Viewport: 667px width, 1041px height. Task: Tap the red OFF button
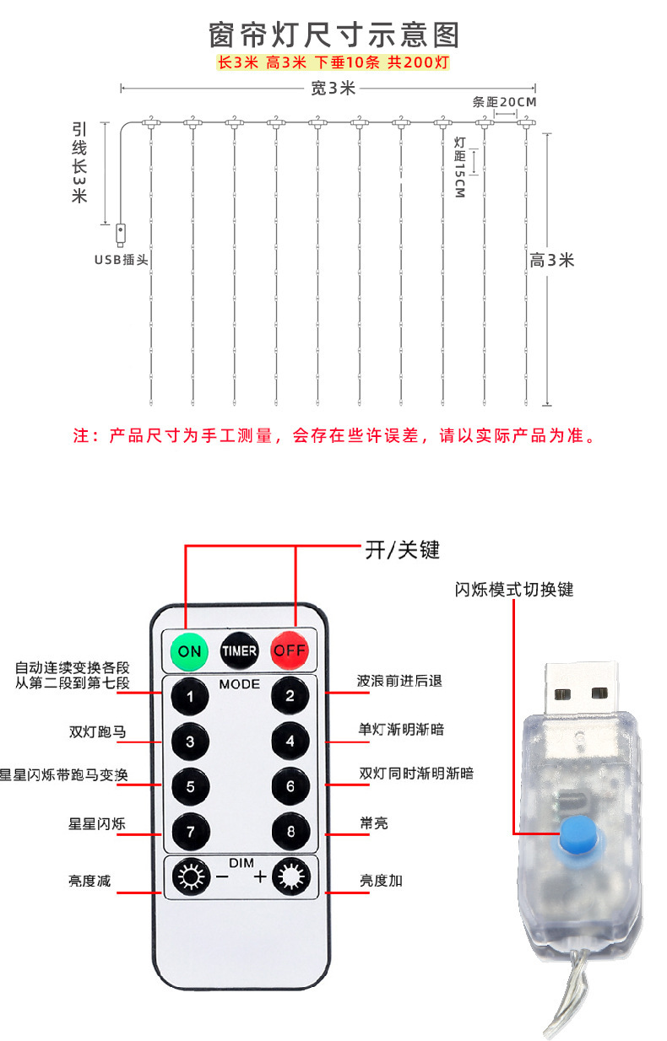point(290,650)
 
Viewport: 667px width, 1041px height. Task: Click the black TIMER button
point(239,650)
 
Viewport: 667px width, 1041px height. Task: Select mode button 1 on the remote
point(190,696)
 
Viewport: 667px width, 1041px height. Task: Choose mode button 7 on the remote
point(190,833)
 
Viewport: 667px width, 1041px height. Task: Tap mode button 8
point(290,833)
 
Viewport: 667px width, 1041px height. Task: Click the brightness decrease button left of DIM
point(190,878)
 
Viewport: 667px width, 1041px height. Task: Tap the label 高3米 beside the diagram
point(552,260)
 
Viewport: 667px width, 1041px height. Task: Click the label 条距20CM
point(504,102)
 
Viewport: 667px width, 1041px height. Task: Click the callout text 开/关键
point(402,549)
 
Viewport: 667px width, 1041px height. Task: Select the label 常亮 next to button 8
point(373,823)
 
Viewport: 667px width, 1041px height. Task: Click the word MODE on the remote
point(240,683)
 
